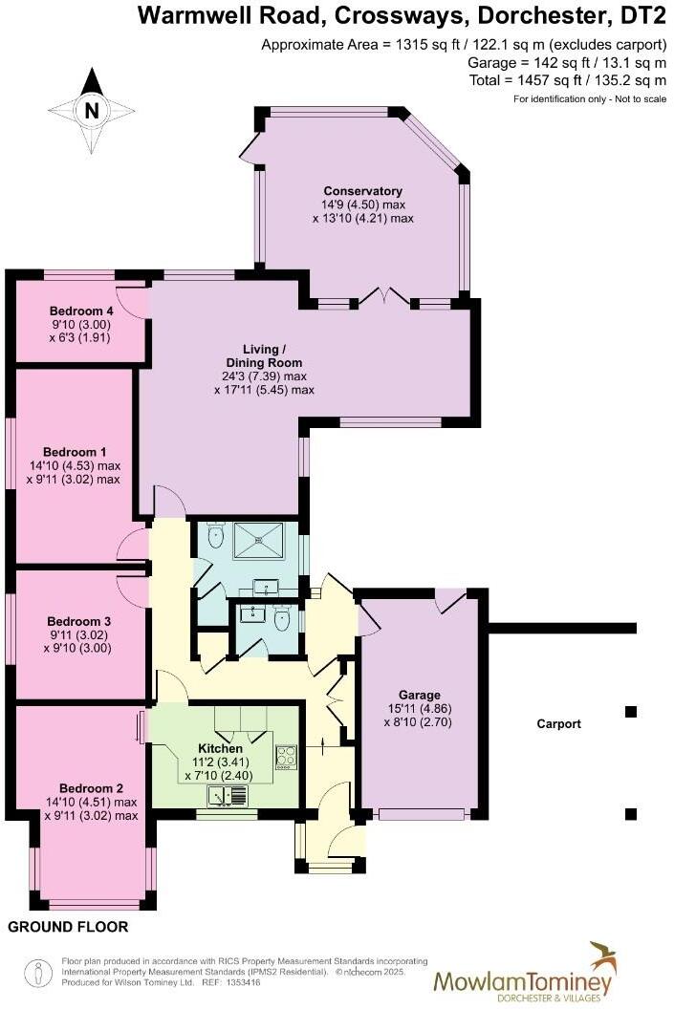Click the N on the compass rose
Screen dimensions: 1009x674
[92, 110]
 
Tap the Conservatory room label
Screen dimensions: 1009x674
[362, 190]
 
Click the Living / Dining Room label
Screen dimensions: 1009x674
[264, 355]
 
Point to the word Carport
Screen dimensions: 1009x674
[558, 724]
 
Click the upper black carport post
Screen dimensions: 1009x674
[630, 711]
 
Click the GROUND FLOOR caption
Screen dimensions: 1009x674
[68, 927]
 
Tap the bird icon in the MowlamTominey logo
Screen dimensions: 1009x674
[602, 955]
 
